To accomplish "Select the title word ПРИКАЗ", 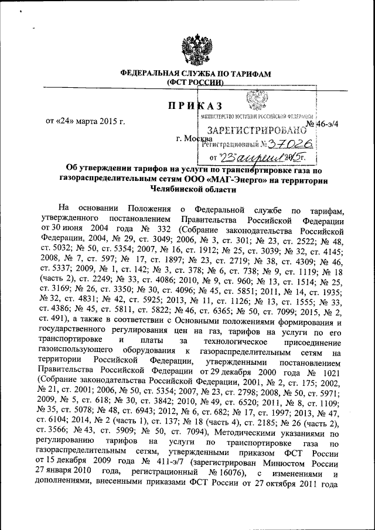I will [x=193, y=105].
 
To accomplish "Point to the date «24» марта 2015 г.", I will [x=86, y=122].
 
